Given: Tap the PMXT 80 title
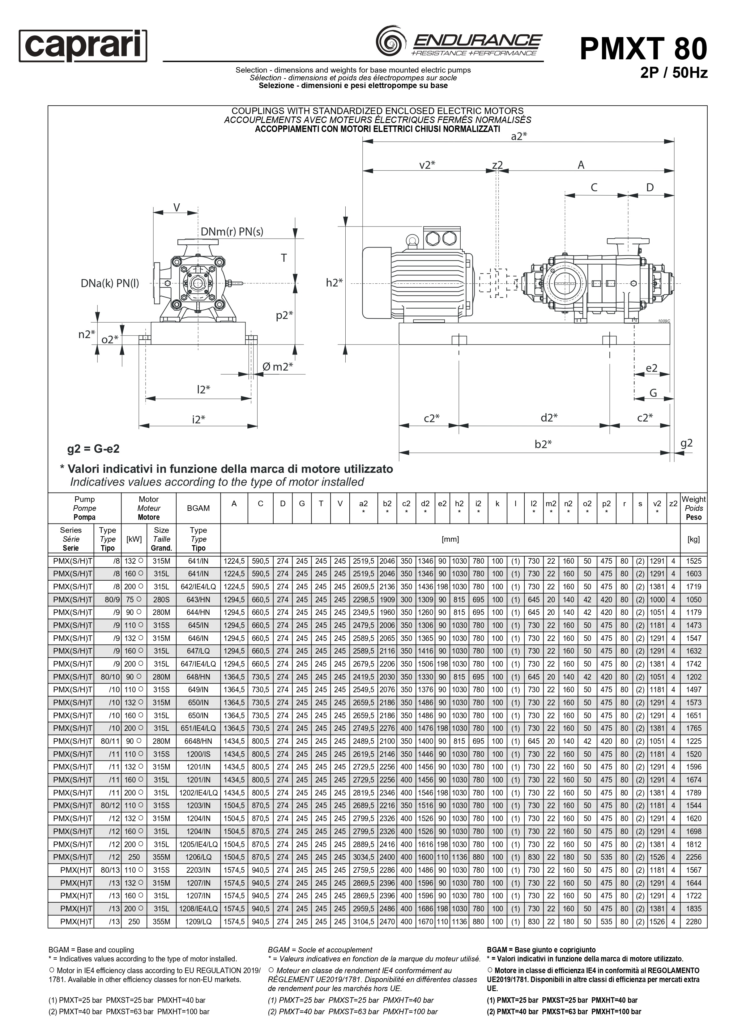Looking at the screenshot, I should coord(643,49).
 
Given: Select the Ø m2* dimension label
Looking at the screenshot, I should coord(277,367).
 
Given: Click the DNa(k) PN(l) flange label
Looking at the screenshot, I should coord(109,283).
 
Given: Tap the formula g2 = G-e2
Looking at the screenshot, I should coord(93,449).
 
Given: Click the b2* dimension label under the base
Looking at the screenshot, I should coord(543,444).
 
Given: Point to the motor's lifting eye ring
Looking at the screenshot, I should coord(412,240).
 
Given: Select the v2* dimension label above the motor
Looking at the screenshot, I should coord(427,165).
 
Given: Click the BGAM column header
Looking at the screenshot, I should coord(198,508).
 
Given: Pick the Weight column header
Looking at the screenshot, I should coord(693,508).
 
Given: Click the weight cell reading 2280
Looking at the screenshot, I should coord(693,922).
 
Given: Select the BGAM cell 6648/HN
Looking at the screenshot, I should coord(198,741).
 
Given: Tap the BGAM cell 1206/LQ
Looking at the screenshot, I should coord(198,857).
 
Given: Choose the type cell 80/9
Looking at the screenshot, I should coord(111,600).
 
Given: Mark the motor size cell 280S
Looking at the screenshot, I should coord(161,600).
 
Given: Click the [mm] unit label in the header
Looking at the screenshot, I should coord(450,539).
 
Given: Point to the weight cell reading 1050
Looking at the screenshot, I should coord(693,600).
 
